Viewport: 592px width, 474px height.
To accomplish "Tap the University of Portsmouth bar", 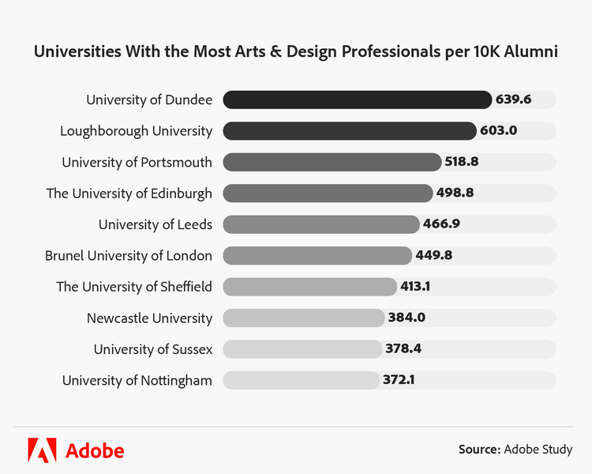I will tap(332, 162).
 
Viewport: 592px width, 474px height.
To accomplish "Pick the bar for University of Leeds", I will tap(320, 224).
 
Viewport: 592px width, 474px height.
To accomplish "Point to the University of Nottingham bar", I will tap(300, 381).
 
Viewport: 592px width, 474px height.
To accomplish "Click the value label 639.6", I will tap(514, 100).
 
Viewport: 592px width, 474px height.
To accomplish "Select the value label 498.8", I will tap(455, 193).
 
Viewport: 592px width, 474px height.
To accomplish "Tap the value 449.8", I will tap(433, 255).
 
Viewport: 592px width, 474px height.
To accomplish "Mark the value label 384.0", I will tap(407, 318).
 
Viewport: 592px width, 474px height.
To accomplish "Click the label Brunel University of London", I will tap(129, 255).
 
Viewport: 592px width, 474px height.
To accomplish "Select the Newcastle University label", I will tap(149, 318).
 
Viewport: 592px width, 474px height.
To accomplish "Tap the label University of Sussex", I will tap(153, 349).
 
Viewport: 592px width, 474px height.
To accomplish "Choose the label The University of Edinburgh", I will tap(129, 193).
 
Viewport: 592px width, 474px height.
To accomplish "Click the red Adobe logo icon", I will tap(42, 450).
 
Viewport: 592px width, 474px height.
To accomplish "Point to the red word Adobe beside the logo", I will tap(95, 450).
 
